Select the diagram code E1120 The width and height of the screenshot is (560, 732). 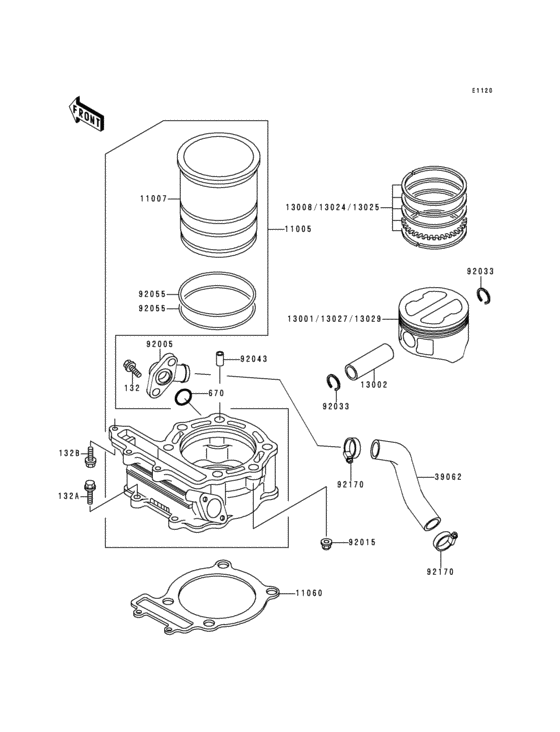[x=482, y=91]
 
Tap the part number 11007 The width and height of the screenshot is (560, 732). [x=154, y=199]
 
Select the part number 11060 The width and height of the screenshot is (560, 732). [x=309, y=593]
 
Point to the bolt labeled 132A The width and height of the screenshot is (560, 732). [x=90, y=492]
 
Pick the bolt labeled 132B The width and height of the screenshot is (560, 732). [x=90, y=456]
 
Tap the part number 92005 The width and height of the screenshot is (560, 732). [x=160, y=343]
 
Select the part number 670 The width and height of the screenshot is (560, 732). [x=216, y=393]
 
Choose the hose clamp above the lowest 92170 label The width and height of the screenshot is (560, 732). [x=445, y=543]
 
